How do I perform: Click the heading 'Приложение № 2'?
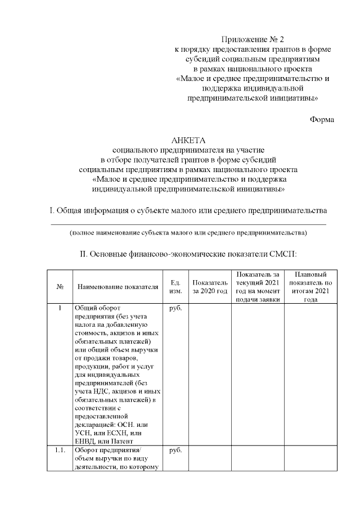click(x=253, y=39)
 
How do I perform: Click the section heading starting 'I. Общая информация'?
click(x=188, y=211)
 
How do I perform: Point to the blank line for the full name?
click(x=188, y=224)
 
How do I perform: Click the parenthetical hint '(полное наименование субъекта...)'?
click(x=188, y=232)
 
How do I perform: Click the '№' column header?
click(x=60, y=286)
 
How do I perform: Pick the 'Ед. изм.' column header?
click(x=172, y=286)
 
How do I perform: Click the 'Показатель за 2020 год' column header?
click(x=209, y=286)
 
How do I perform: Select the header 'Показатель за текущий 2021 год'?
click(x=258, y=286)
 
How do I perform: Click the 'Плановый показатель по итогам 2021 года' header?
click(x=310, y=286)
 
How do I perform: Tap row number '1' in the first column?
click(x=60, y=308)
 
